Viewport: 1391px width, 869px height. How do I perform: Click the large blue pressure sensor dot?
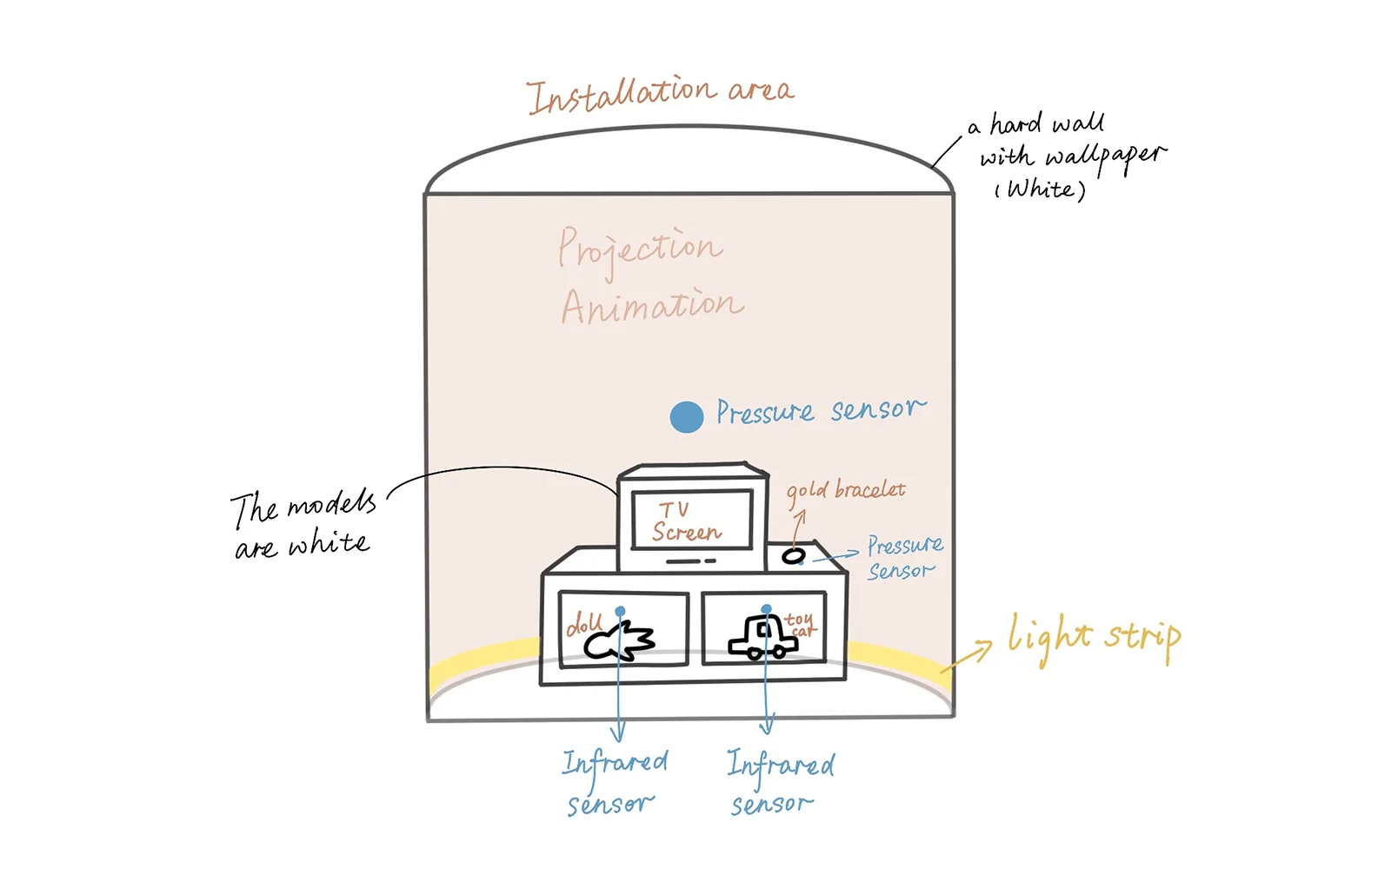tap(686, 416)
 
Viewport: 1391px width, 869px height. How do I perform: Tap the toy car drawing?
tap(762, 638)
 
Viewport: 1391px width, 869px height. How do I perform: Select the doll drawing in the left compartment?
tap(619, 642)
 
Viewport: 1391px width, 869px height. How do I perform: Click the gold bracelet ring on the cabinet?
tap(793, 555)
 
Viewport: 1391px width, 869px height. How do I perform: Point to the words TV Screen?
tap(686, 522)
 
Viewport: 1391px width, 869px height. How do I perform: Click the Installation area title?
tap(661, 95)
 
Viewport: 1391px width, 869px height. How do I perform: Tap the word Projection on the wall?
tap(640, 250)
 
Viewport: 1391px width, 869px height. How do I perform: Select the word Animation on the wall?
tap(652, 306)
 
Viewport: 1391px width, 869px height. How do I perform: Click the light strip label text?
tap(1095, 640)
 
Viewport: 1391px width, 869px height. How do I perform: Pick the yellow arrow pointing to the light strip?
tap(966, 657)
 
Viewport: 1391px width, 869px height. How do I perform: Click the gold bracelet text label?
tap(846, 492)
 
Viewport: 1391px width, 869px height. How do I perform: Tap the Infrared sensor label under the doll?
tap(614, 782)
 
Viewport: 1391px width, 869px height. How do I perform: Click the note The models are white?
tap(303, 525)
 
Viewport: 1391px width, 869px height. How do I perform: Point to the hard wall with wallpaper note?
tap(1067, 156)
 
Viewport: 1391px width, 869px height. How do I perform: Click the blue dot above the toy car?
tap(766, 609)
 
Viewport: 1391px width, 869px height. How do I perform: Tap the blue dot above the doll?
tap(620, 612)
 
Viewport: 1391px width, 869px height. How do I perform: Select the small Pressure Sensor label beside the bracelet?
tap(904, 557)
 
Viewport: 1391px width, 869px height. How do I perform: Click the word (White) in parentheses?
tap(1041, 189)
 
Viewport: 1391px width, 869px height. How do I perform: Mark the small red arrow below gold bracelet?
tap(799, 528)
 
